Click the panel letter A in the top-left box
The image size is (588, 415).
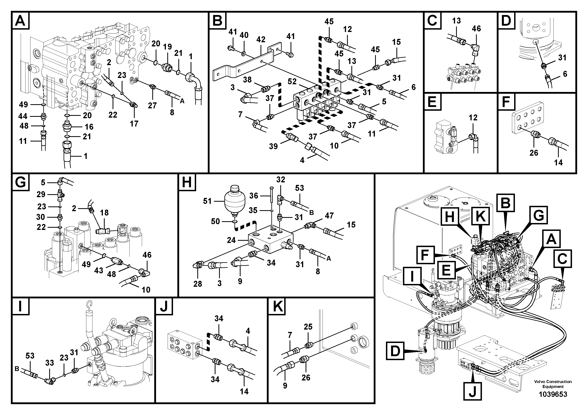point(20,21)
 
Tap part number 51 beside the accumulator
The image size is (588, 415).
point(207,201)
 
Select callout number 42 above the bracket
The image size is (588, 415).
point(261,40)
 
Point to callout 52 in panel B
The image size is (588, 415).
point(292,82)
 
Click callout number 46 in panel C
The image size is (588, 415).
point(476,29)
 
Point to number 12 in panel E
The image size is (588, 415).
point(473,117)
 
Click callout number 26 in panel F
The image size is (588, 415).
point(534,153)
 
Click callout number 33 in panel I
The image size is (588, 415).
point(50,363)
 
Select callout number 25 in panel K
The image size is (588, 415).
point(308,327)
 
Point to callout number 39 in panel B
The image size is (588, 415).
point(273,146)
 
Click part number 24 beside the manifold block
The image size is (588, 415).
point(231,240)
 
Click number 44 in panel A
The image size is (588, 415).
point(23,116)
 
